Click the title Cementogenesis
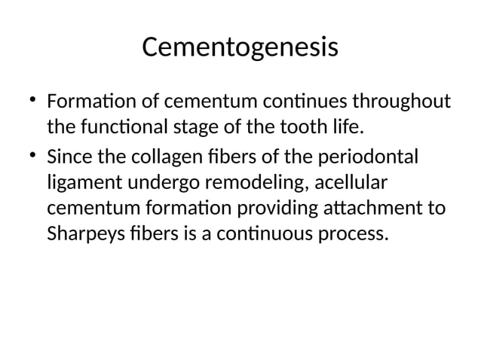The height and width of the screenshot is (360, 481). pos(240,48)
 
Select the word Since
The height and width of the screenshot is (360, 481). pos(69,157)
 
